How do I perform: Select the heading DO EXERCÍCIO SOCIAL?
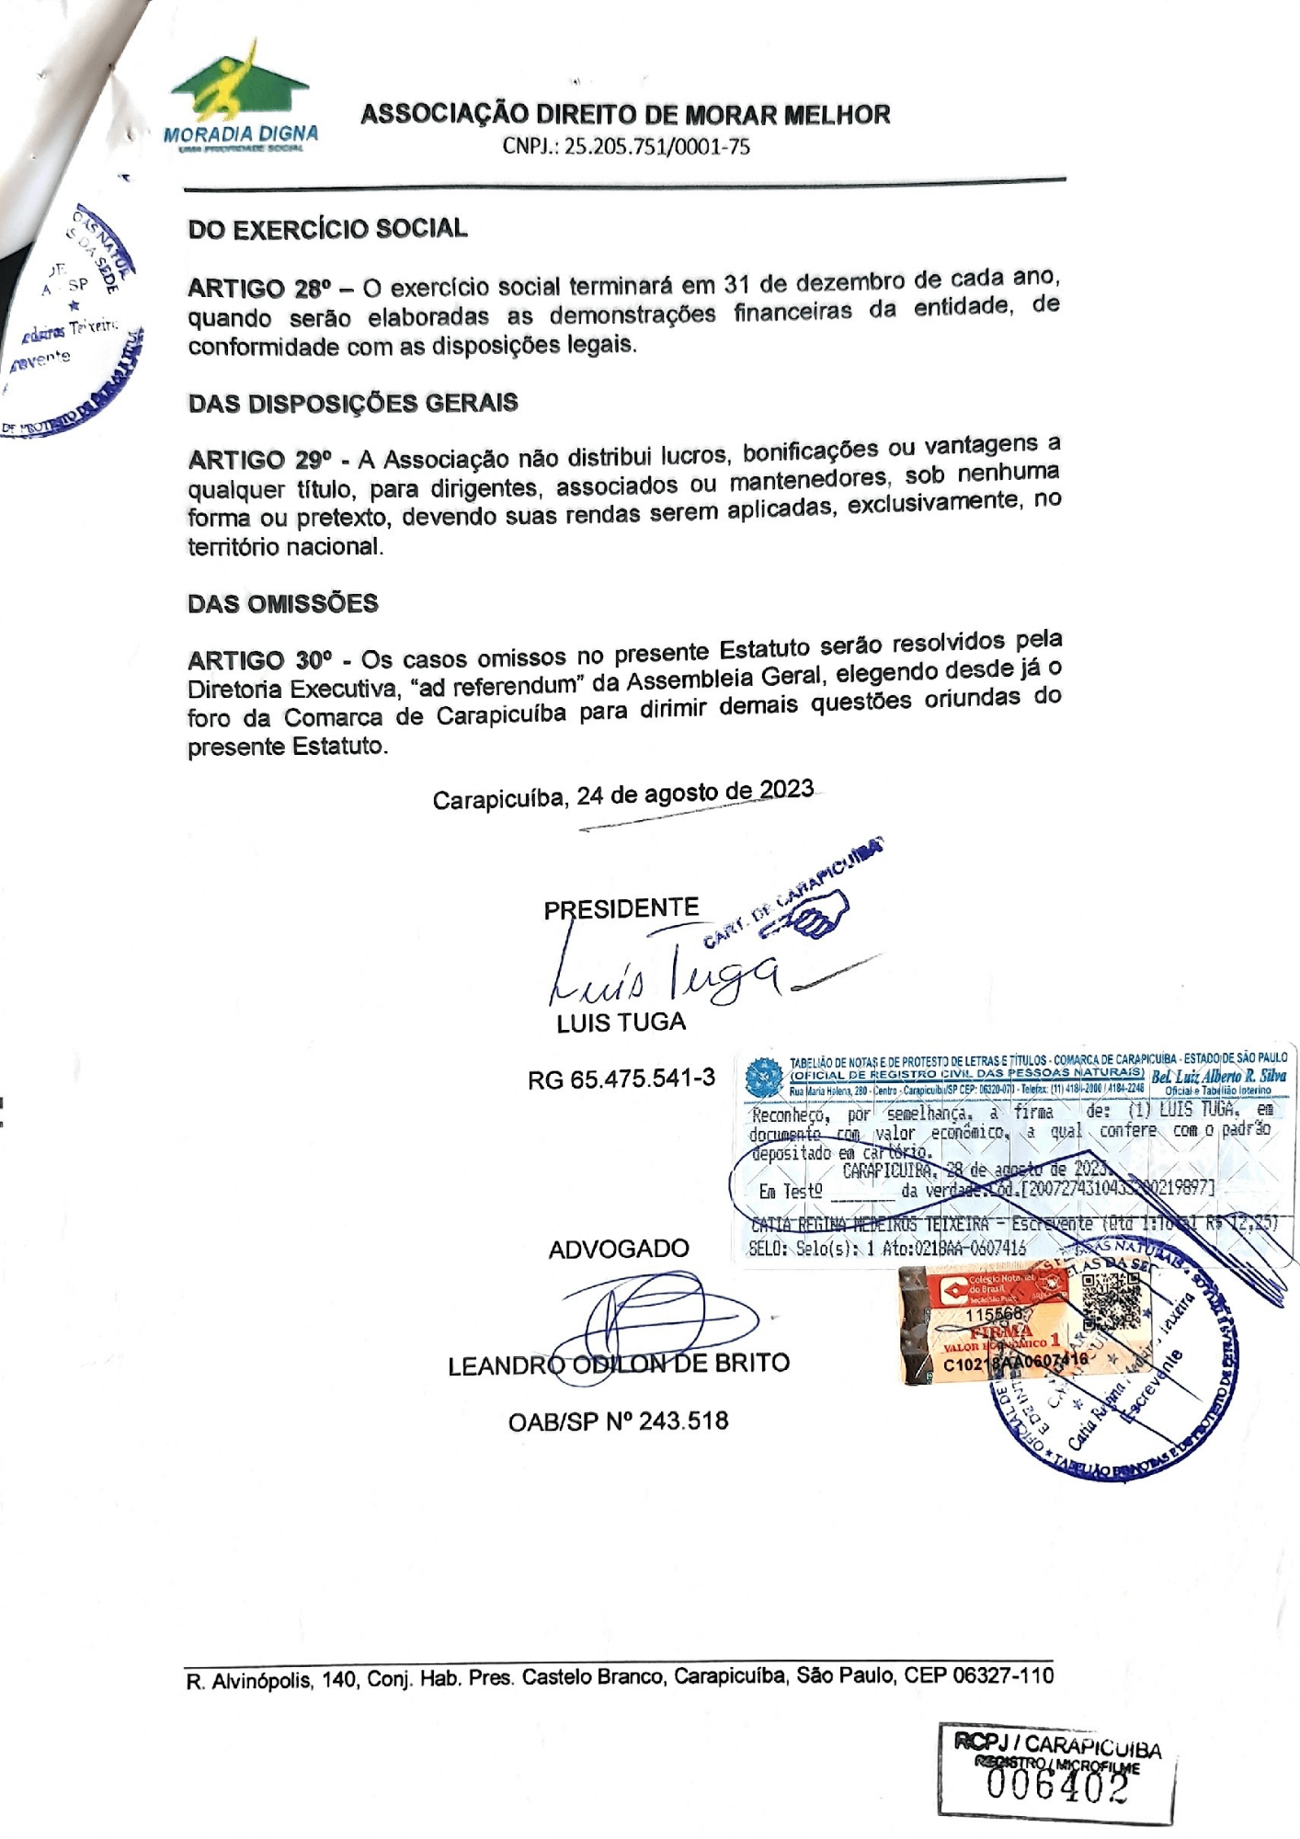(x=327, y=229)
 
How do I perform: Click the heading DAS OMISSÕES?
(x=283, y=604)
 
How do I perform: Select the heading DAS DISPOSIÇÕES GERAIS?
(x=353, y=404)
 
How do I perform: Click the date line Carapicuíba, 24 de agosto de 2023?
(x=622, y=794)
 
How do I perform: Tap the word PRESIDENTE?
(x=621, y=909)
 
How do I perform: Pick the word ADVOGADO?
(x=619, y=1249)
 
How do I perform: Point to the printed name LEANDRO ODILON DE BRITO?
(x=619, y=1364)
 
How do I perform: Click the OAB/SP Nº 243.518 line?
(x=618, y=1422)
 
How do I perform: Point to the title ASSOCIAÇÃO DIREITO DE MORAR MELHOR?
(x=625, y=115)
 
